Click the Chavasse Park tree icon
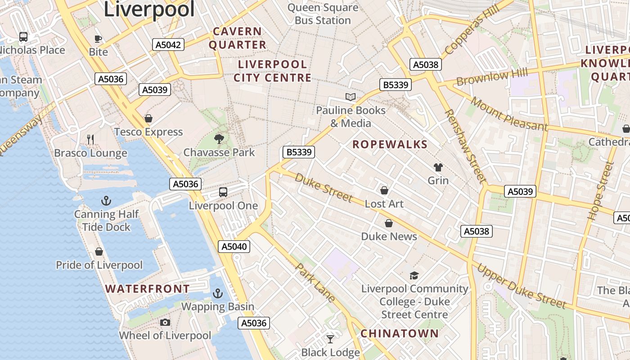[219, 139]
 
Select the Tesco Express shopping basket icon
[148, 118]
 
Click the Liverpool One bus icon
[223, 192]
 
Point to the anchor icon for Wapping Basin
[218, 293]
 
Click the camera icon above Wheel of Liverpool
[165, 322]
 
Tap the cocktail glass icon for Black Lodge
[331, 339]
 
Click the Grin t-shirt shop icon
[438, 167]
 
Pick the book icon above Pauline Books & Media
[350, 97]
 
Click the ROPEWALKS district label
[390, 144]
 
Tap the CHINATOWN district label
[399, 333]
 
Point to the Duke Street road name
[324, 187]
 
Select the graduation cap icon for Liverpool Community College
[414, 275]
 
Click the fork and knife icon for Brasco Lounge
[90, 139]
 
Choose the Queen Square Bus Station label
[323, 14]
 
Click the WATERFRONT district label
[148, 288]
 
